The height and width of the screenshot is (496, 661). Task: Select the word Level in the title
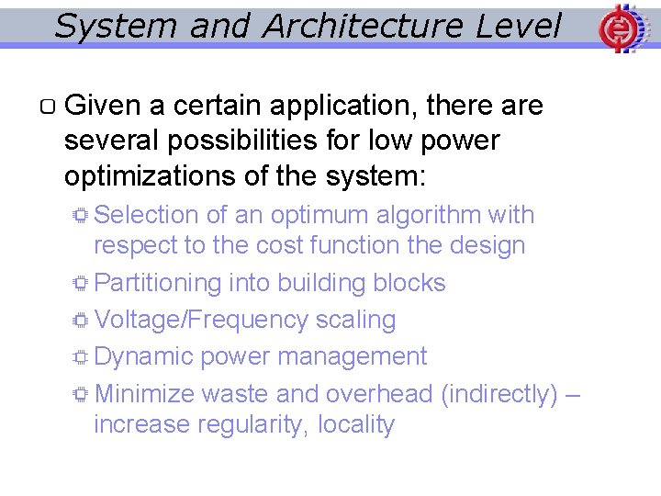point(519,27)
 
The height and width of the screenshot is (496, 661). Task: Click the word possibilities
point(249,141)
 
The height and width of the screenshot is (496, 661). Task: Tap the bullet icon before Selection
point(81,216)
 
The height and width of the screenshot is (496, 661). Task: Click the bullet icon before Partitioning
point(81,284)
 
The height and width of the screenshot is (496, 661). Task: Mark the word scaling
point(355,320)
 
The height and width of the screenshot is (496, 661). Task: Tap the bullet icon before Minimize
point(81,395)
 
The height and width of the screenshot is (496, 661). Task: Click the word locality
point(356,425)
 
